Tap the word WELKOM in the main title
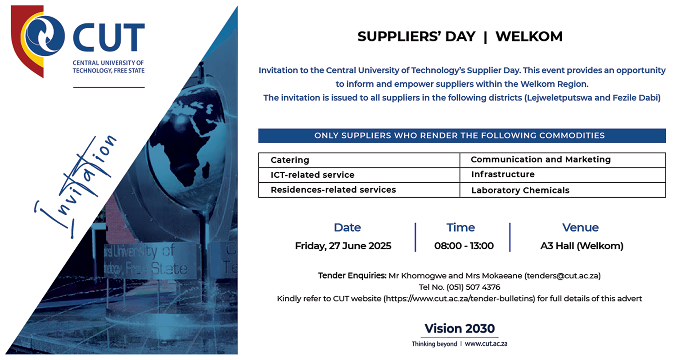(529, 36)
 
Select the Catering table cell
(359, 160)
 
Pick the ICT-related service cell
(359, 175)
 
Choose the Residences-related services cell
(359, 190)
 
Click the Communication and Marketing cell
(563, 160)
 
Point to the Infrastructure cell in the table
(563, 175)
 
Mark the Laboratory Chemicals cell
(563, 190)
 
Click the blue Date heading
(348, 227)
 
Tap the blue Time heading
(460, 227)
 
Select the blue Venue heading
(580, 227)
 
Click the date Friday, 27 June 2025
(343, 246)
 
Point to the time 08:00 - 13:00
(464, 246)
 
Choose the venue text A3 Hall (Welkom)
(582, 246)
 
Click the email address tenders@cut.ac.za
(563, 276)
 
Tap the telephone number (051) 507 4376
(473, 287)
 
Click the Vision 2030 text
(460, 329)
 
